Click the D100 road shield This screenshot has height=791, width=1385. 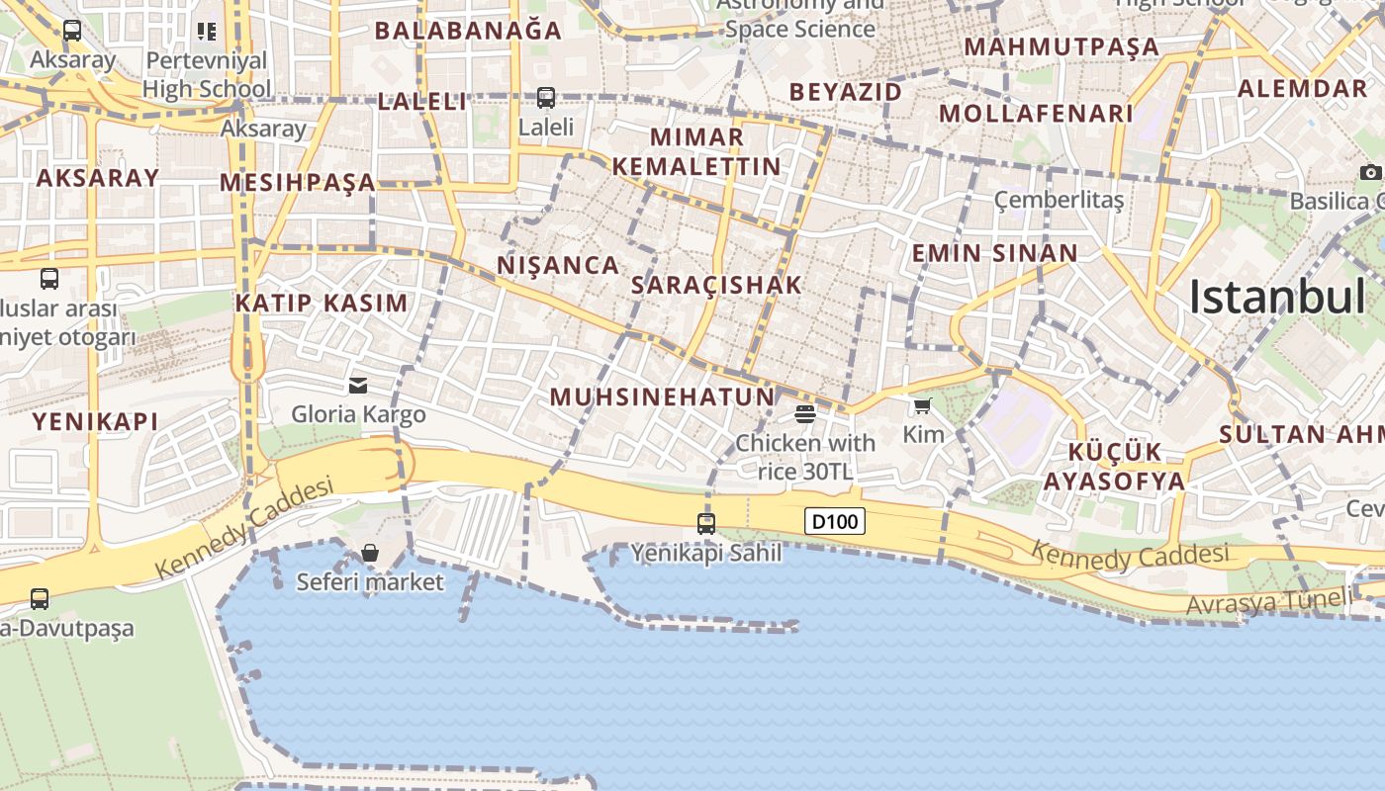click(835, 521)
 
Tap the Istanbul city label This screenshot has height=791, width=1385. click(1276, 297)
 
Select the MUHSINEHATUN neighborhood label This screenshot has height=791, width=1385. click(662, 397)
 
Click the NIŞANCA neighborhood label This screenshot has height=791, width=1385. click(558, 265)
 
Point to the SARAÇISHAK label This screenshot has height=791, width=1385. click(716, 285)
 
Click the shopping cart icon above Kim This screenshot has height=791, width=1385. click(923, 405)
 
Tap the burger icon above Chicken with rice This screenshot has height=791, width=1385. click(805, 413)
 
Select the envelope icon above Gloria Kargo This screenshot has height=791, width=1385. click(358, 385)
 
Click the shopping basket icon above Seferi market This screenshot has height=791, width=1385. click(370, 552)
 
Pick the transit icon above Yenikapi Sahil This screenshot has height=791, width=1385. click(706, 523)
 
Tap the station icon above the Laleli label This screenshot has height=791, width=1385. click(546, 97)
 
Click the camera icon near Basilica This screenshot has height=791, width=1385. click(1370, 173)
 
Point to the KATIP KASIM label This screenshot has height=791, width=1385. click(322, 303)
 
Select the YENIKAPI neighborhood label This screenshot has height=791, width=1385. click(95, 421)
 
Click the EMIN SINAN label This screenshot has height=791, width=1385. click(994, 253)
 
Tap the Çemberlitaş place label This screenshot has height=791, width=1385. click(1059, 201)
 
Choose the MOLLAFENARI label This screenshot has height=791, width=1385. click(1036, 113)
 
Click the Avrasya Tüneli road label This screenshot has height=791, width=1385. click(1268, 600)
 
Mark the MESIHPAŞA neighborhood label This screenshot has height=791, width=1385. click(298, 182)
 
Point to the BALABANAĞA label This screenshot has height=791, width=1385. click(468, 31)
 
